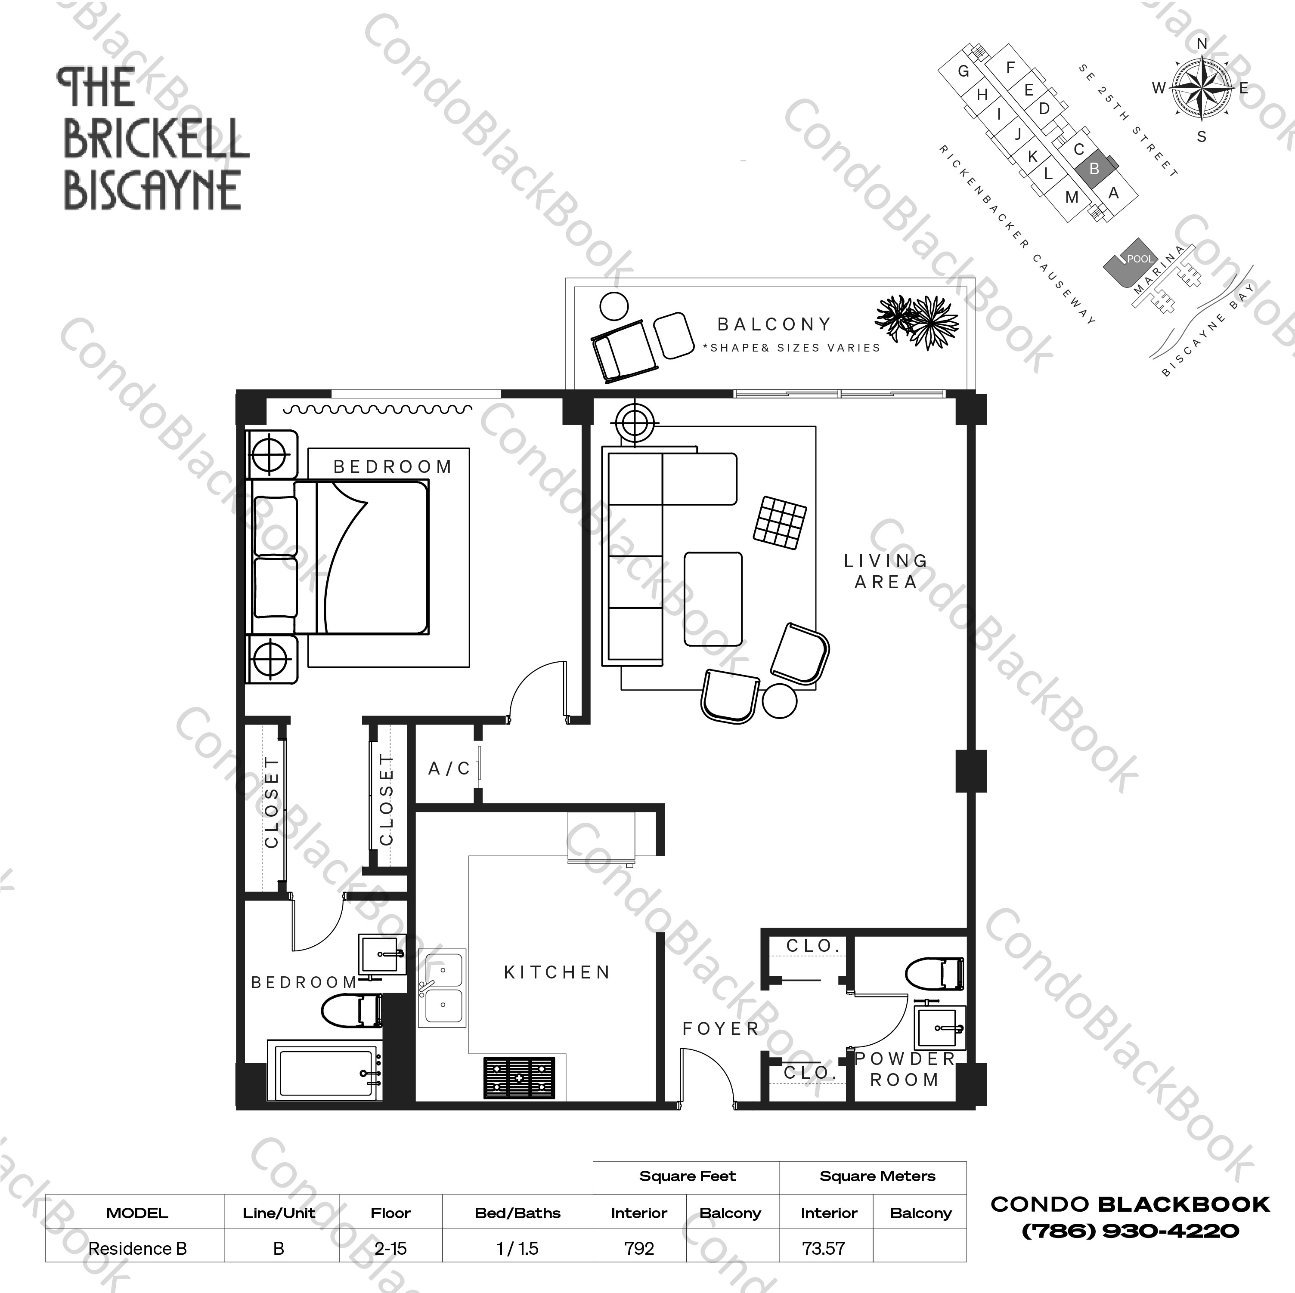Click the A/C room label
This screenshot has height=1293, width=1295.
(x=449, y=768)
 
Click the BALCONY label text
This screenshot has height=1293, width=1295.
(x=774, y=325)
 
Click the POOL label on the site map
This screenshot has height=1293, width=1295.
(x=1140, y=259)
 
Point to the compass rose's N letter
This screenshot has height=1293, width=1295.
(x=1202, y=44)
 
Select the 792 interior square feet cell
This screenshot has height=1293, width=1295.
(x=639, y=1248)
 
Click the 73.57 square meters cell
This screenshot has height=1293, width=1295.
(x=824, y=1248)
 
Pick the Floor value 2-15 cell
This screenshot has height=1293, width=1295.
(x=390, y=1248)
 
